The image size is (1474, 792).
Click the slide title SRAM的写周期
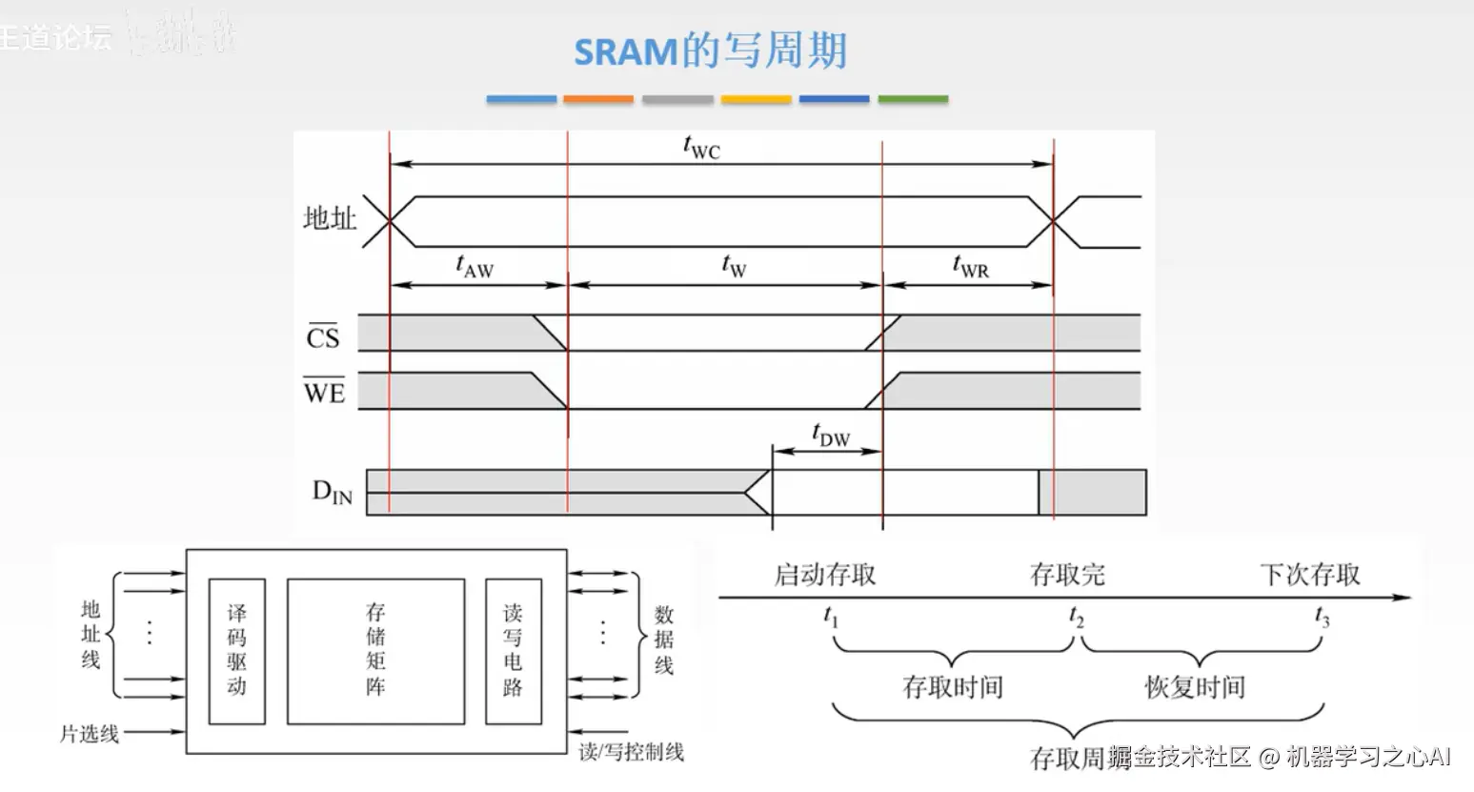click(x=710, y=51)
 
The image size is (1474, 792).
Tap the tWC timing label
click(x=701, y=148)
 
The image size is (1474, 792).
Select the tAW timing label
click(x=475, y=267)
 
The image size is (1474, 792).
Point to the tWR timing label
click(x=970, y=267)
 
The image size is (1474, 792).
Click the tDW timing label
click(x=831, y=435)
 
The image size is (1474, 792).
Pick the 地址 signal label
click(x=330, y=219)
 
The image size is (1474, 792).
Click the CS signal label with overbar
click(x=323, y=336)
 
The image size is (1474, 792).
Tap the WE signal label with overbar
click(x=324, y=391)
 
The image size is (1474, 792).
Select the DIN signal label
click(x=332, y=492)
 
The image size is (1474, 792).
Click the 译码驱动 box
click(x=236, y=650)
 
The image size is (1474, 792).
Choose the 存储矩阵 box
click(x=375, y=650)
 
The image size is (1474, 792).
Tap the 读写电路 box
click(x=513, y=650)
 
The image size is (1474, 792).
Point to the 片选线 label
click(x=90, y=733)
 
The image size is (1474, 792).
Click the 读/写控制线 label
click(x=631, y=751)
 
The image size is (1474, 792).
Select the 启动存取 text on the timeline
click(x=824, y=575)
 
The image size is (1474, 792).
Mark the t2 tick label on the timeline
click(x=1076, y=617)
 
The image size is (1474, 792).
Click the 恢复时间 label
click(x=1195, y=687)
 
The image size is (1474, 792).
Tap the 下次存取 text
click(x=1310, y=575)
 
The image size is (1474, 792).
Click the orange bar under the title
click(x=597, y=99)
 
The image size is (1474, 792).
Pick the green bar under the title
click(x=912, y=99)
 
